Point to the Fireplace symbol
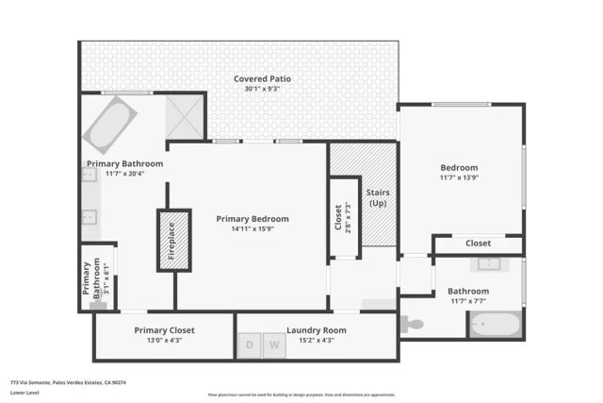click(x=171, y=241)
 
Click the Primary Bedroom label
click(x=252, y=218)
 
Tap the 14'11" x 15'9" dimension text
click(x=252, y=228)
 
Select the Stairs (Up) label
click(x=378, y=198)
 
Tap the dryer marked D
click(x=251, y=345)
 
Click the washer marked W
click(x=275, y=345)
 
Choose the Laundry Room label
click(x=316, y=330)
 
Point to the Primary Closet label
click(x=164, y=330)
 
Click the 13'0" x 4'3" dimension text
click(x=164, y=340)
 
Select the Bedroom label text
click(x=459, y=167)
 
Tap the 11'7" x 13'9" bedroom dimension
click(x=459, y=177)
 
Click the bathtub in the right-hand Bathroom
click(x=495, y=326)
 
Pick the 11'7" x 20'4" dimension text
click(x=124, y=174)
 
